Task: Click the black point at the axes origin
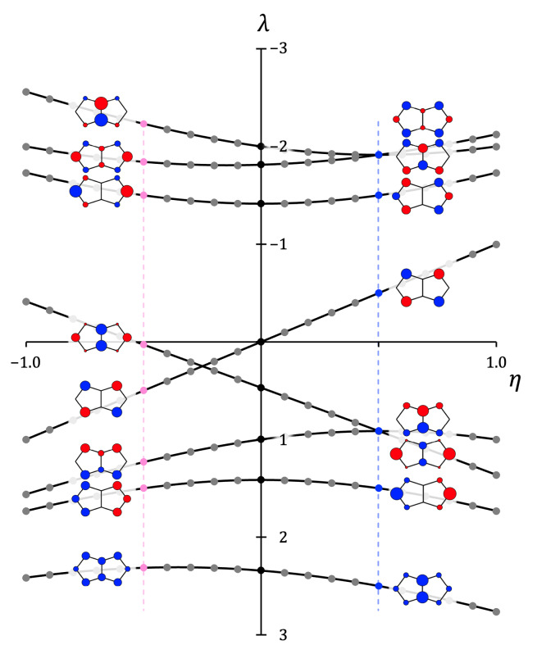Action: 261,342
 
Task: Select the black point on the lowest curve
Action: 261,570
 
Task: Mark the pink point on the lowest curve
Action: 143,567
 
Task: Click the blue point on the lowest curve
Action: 378,585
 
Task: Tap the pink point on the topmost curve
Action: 143,124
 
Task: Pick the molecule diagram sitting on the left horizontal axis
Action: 100,337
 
